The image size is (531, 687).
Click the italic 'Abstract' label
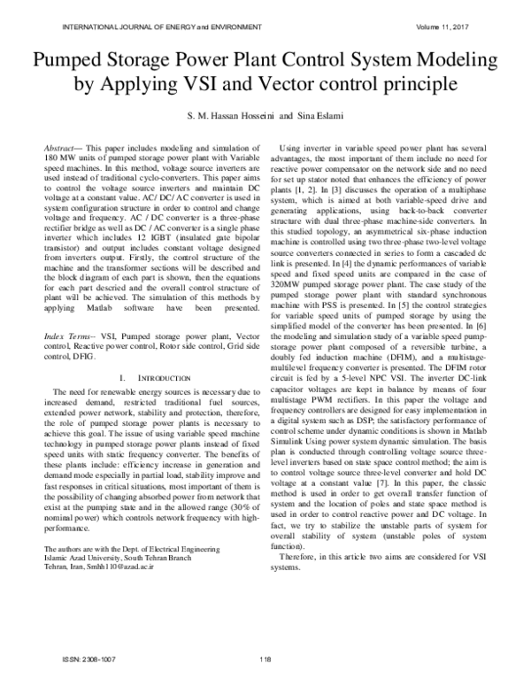[63, 143]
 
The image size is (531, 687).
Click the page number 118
[265, 659]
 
